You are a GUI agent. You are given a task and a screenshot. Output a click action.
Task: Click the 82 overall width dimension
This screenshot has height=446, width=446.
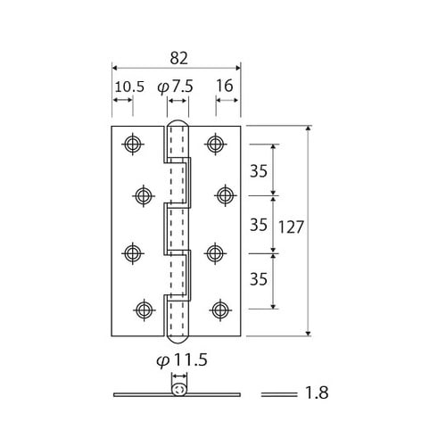click(x=178, y=58)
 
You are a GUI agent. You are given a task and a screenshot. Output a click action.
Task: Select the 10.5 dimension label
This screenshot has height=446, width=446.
click(x=129, y=87)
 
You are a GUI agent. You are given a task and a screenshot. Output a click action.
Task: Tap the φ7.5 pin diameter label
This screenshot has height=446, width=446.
click(x=175, y=87)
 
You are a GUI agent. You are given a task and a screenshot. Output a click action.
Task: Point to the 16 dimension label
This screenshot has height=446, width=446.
click(x=225, y=87)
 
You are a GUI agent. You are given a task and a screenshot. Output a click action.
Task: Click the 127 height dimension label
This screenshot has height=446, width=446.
click(x=291, y=227)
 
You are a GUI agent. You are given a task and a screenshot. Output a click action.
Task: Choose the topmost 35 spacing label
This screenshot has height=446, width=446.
click(x=259, y=171)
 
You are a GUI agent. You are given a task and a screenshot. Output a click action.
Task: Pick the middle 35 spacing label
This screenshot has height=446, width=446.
click(x=259, y=225)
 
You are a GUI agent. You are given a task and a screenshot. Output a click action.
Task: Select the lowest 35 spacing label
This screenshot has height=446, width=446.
click(x=259, y=279)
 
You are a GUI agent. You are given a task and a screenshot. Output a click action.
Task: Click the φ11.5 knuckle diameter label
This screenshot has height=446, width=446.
click(x=182, y=360)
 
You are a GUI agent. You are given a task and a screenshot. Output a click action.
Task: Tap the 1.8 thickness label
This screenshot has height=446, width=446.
click(x=317, y=392)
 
